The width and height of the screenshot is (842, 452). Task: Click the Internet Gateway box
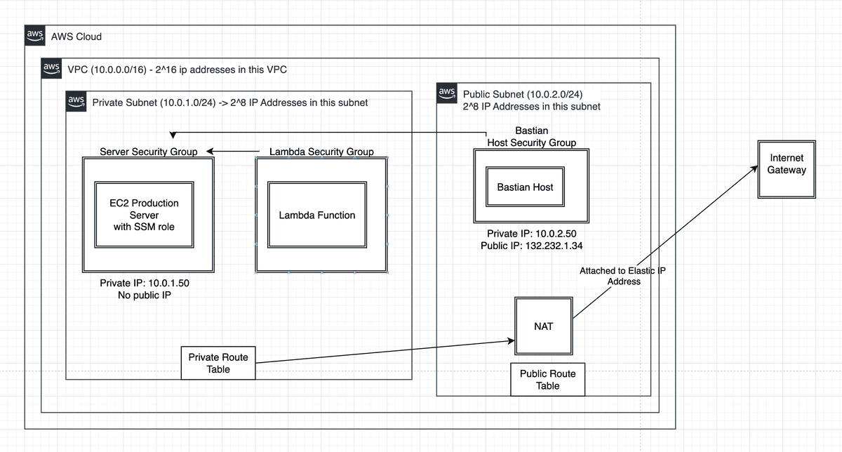(786, 169)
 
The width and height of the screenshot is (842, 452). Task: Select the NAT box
(543, 326)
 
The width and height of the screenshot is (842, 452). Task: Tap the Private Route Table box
(218, 363)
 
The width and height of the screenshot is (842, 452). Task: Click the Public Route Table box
(547, 380)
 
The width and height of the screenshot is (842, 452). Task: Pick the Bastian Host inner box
(525, 187)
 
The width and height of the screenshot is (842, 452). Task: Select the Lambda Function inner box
(317, 215)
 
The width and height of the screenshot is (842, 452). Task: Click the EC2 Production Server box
(145, 215)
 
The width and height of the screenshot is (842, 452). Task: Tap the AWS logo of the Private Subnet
(76, 102)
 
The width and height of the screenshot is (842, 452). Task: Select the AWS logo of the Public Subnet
(446, 93)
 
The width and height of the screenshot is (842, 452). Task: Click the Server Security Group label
(148, 152)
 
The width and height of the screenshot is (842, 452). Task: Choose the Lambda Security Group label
(321, 152)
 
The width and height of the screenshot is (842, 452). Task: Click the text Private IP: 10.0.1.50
(145, 283)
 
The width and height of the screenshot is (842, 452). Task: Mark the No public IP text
(145, 295)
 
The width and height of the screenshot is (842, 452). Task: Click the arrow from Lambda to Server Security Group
(239, 152)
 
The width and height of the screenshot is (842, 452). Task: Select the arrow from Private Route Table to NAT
(382, 352)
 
